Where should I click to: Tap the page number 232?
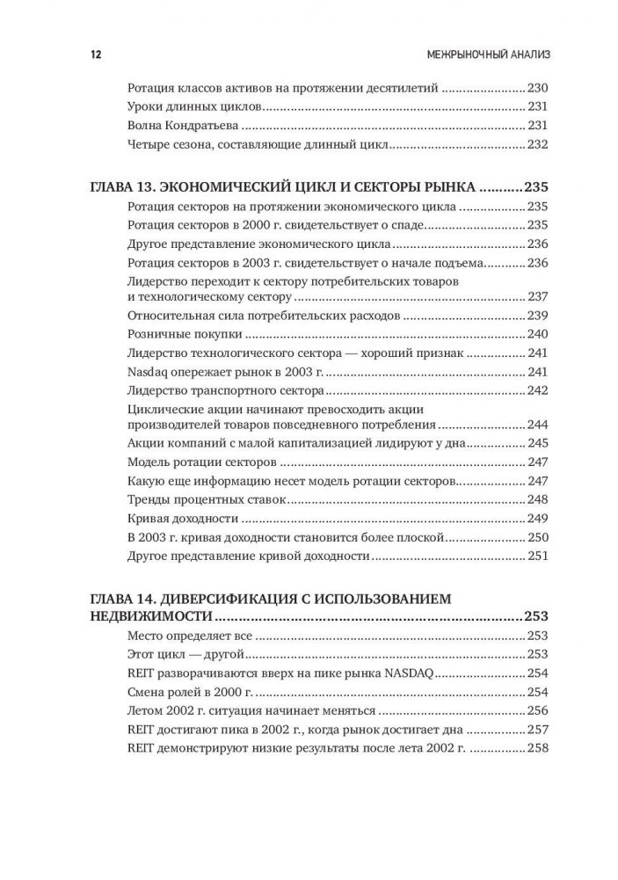click(x=537, y=144)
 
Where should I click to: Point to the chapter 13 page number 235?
click(x=536, y=188)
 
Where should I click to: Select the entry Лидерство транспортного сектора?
click(x=225, y=391)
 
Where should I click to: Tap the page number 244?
click(x=537, y=423)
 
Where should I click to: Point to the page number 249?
click(x=537, y=518)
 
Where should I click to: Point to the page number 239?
click(x=537, y=315)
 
